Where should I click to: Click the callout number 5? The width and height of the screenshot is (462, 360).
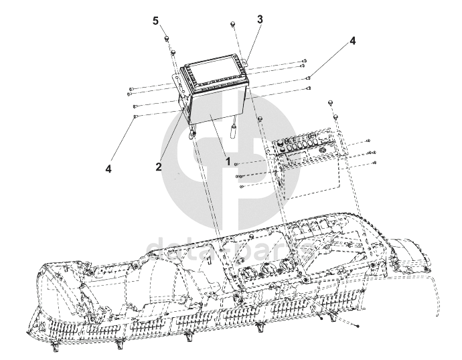click(155, 21)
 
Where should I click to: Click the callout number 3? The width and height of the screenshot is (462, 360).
click(260, 19)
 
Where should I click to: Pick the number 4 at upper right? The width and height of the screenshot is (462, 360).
click(352, 41)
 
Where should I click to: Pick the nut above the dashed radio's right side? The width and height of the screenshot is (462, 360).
click(331, 102)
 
